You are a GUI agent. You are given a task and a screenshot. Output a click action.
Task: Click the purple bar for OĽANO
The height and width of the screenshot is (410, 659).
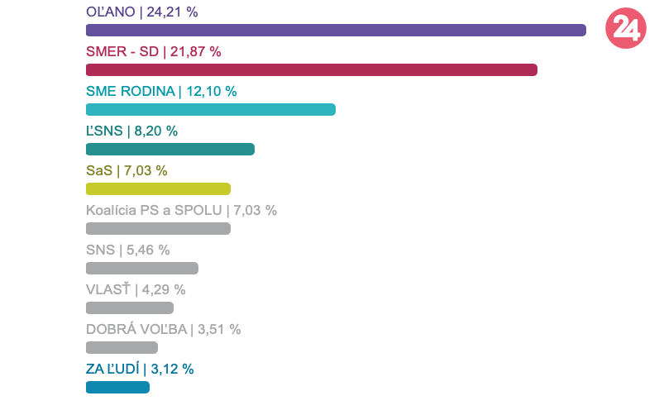coord(336,31)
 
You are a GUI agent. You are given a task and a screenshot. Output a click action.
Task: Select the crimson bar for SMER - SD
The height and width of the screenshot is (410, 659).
coord(312,70)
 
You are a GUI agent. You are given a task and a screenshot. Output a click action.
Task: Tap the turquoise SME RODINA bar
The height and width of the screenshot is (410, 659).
coord(211,110)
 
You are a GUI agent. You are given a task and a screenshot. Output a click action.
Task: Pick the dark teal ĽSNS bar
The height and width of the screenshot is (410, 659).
coord(170,150)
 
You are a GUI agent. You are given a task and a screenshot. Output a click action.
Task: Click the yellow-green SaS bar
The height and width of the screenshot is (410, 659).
coord(158,189)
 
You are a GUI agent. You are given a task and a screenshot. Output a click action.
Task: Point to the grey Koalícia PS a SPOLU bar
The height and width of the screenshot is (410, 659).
coord(158,229)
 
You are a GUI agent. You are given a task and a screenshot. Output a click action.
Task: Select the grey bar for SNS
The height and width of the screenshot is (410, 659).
coord(142,268)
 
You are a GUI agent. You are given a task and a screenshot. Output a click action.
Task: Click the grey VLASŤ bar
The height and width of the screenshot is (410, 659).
coord(130,308)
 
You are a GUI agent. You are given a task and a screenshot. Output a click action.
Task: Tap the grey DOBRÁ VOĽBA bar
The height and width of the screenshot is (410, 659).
coord(122,348)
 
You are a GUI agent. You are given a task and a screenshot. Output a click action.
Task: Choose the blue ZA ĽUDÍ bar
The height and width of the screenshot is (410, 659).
coord(117,388)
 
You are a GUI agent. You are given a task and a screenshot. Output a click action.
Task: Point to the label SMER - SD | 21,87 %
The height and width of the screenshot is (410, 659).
coord(154,51)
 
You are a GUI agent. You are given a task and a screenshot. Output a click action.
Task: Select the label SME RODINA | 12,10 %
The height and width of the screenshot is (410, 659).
coord(161,91)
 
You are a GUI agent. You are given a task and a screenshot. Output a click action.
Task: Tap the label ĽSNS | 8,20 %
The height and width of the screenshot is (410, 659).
coord(131,131)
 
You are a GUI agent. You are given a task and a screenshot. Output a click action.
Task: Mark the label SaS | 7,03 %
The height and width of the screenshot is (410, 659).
coord(127,170)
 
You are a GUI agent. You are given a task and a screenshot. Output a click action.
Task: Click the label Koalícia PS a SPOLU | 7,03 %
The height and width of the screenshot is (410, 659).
coord(181,210)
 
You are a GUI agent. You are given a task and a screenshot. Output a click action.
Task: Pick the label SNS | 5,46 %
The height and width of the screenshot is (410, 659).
coord(127,250)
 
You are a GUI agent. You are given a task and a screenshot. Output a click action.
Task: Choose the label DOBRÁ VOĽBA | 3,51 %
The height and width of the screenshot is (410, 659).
coord(163,329)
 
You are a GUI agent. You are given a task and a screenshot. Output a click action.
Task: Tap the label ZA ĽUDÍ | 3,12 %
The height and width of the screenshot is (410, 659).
coord(140,369)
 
